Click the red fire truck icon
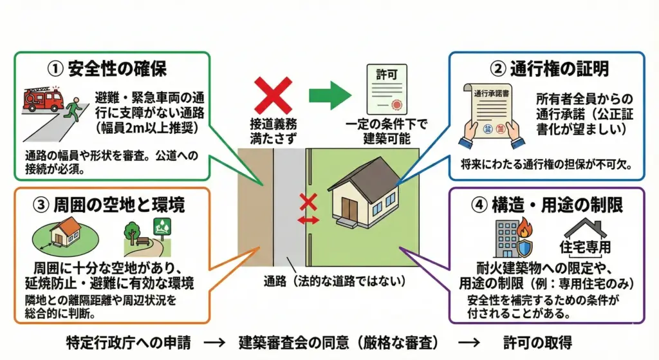point(42,98)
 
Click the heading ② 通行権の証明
point(550,68)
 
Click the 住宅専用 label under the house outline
point(584,247)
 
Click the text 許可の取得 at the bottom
point(537,341)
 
